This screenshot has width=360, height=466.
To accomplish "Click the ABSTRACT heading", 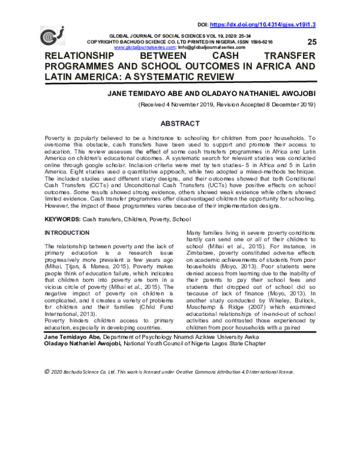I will click(x=179, y=124).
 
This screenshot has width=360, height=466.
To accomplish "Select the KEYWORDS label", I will click(x=62, y=204).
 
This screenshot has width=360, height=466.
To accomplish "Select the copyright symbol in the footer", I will click(x=47, y=372).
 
